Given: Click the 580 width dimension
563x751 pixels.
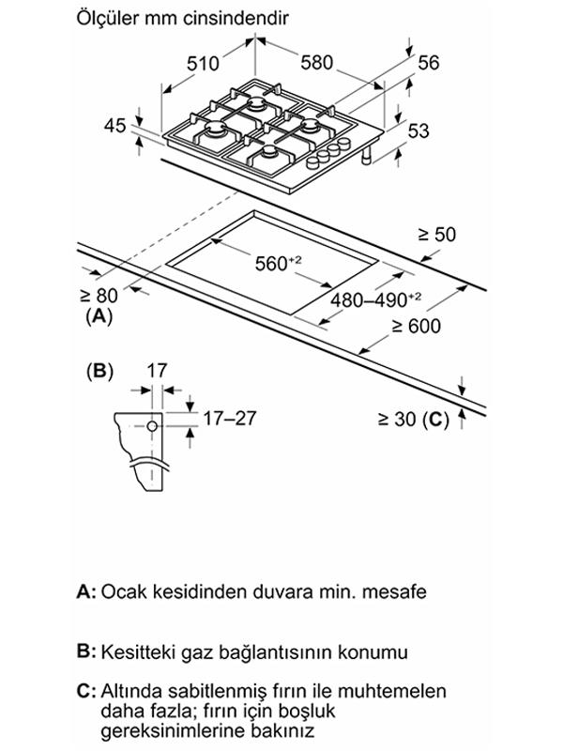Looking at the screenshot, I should point(317,63).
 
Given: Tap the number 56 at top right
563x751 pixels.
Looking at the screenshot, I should point(429,63).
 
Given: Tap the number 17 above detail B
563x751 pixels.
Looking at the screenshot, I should point(157,371).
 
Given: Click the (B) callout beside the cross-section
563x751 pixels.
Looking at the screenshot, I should point(99,371).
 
